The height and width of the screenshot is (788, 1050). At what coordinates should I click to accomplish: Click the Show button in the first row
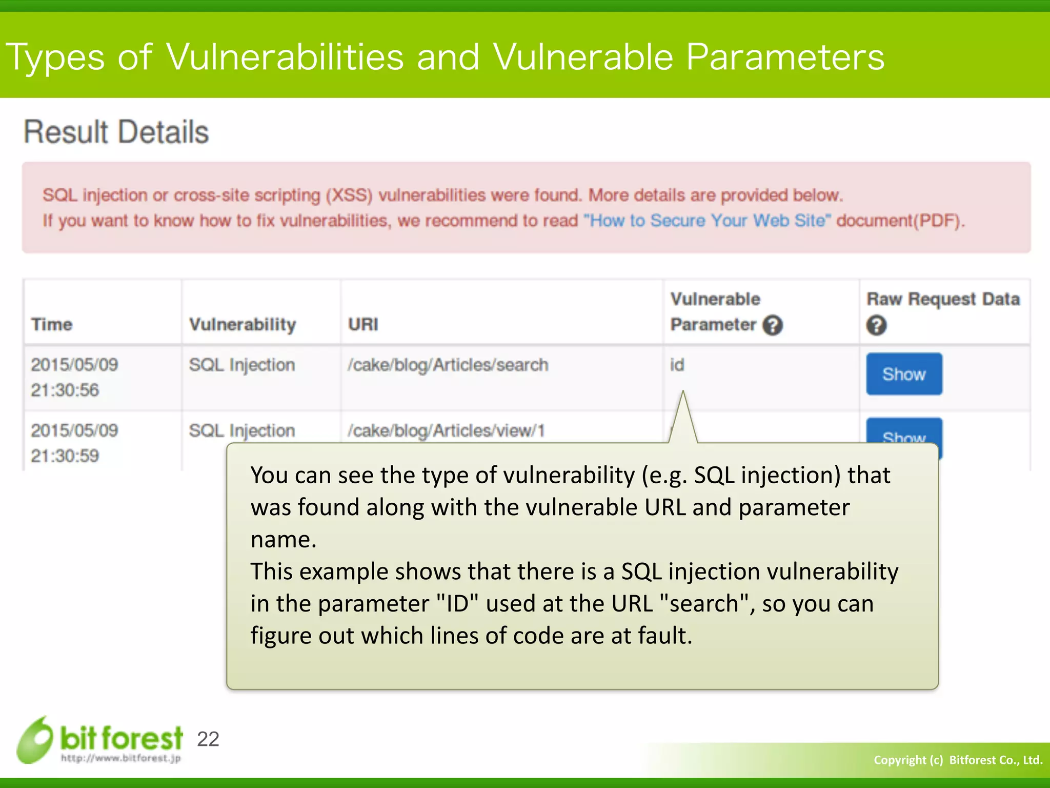coord(904,374)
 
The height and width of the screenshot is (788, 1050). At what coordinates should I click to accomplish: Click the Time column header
coord(52,324)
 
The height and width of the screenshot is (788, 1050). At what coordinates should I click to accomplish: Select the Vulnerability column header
coord(243,324)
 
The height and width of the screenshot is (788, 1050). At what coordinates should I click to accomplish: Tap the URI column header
coord(363,324)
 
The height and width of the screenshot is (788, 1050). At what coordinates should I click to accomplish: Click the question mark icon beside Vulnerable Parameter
coord(772,325)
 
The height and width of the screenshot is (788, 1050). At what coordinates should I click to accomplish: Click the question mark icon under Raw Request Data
coord(876,325)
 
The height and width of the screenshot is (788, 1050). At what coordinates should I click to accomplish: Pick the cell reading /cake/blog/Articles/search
coord(448,365)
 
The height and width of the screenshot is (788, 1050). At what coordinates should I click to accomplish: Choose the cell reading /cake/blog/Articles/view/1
coord(446,430)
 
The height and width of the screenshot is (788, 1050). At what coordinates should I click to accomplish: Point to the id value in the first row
coord(677,365)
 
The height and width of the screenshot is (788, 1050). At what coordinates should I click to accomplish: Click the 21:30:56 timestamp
coord(65,390)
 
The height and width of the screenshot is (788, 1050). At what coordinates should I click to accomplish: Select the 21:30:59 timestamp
coord(65,456)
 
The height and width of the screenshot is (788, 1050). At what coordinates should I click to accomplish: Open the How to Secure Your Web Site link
coord(707,221)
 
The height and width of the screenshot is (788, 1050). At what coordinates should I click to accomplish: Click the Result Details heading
coord(116,132)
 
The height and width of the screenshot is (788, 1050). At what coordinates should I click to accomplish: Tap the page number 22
coord(208,739)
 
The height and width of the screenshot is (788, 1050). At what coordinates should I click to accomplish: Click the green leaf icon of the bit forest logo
coord(35,740)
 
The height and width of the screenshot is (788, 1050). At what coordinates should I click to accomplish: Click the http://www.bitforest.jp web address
coord(120,758)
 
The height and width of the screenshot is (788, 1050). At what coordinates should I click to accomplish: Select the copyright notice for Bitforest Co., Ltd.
coord(958,760)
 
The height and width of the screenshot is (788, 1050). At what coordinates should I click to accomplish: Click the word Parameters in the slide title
coord(785,56)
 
